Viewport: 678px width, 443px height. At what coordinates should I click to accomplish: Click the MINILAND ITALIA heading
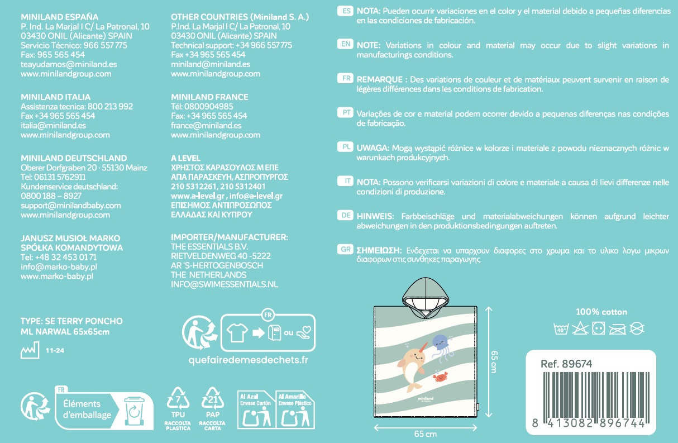click(x=55, y=97)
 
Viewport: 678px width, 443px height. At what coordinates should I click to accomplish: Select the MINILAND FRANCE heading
click(x=209, y=97)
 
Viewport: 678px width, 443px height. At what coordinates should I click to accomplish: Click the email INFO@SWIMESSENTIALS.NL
click(x=224, y=284)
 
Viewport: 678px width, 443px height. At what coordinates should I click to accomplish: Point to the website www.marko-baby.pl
click(x=56, y=276)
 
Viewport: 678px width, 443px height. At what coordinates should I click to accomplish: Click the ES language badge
click(x=346, y=11)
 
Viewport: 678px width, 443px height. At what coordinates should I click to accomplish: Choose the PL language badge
click(x=346, y=147)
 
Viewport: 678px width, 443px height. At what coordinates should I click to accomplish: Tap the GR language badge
click(x=346, y=250)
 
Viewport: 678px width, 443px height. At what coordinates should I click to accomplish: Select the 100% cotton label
click(x=601, y=312)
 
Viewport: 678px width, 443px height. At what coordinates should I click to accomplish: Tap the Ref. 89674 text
click(x=566, y=364)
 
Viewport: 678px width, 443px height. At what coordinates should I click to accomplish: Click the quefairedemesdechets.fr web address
click(x=249, y=360)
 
